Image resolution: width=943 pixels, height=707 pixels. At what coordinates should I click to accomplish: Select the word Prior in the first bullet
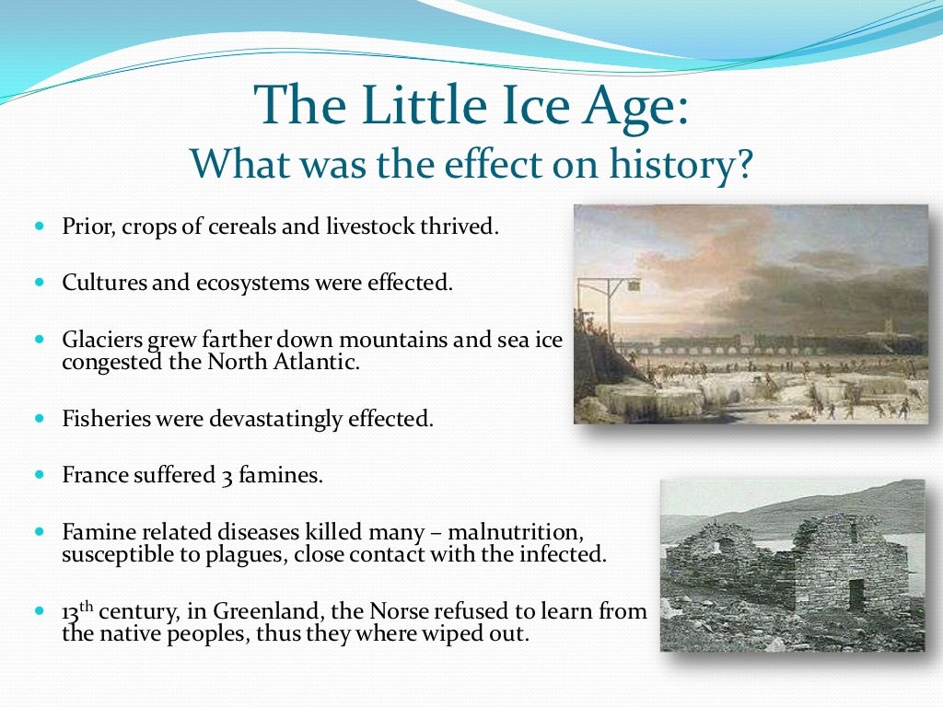(84, 226)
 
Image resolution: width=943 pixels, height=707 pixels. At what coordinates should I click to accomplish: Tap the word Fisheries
(101, 419)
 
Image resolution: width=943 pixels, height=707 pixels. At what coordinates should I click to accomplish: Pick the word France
(90, 476)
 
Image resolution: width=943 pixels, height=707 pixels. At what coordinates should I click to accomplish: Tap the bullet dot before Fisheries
(40, 418)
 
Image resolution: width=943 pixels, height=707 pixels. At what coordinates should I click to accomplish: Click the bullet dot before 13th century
(40, 610)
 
